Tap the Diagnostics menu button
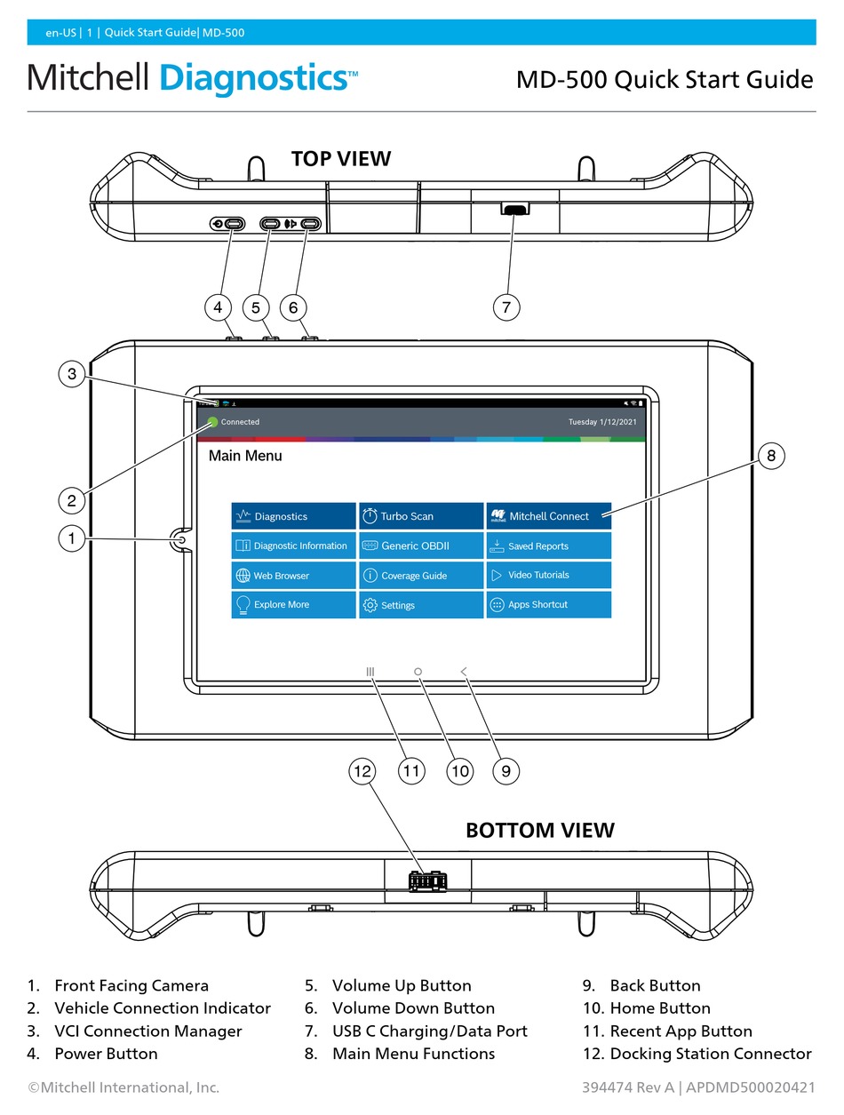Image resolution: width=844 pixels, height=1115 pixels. click(293, 516)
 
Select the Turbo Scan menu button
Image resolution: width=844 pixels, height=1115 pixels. click(421, 516)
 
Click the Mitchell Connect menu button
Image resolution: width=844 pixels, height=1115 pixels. click(548, 516)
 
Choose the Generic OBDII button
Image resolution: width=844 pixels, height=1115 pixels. click(421, 546)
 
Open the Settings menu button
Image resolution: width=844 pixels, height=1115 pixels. click(421, 605)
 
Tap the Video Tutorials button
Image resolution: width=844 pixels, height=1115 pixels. click(548, 575)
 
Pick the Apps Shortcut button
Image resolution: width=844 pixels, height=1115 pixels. click(548, 605)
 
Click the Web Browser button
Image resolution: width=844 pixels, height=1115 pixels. click(293, 576)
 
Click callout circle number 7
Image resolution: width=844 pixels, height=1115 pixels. click(506, 307)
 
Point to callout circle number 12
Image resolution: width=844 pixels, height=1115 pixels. click(362, 771)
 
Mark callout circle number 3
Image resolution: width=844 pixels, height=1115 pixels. click(72, 375)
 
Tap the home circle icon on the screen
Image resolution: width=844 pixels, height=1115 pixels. click(418, 673)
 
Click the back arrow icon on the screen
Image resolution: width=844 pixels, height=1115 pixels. click(464, 673)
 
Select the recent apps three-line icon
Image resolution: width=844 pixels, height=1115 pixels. click(370, 673)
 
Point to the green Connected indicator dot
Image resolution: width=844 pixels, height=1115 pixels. click(212, 422)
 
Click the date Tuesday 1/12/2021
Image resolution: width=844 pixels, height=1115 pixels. click(601, 422)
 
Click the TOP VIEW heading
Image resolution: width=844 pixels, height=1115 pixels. click(341, 159)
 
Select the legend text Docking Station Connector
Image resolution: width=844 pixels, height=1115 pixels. click(710, 1054)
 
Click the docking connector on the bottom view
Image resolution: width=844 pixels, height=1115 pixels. click(427, 880)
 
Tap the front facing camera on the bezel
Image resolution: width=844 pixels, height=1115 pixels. click(180, 539)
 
